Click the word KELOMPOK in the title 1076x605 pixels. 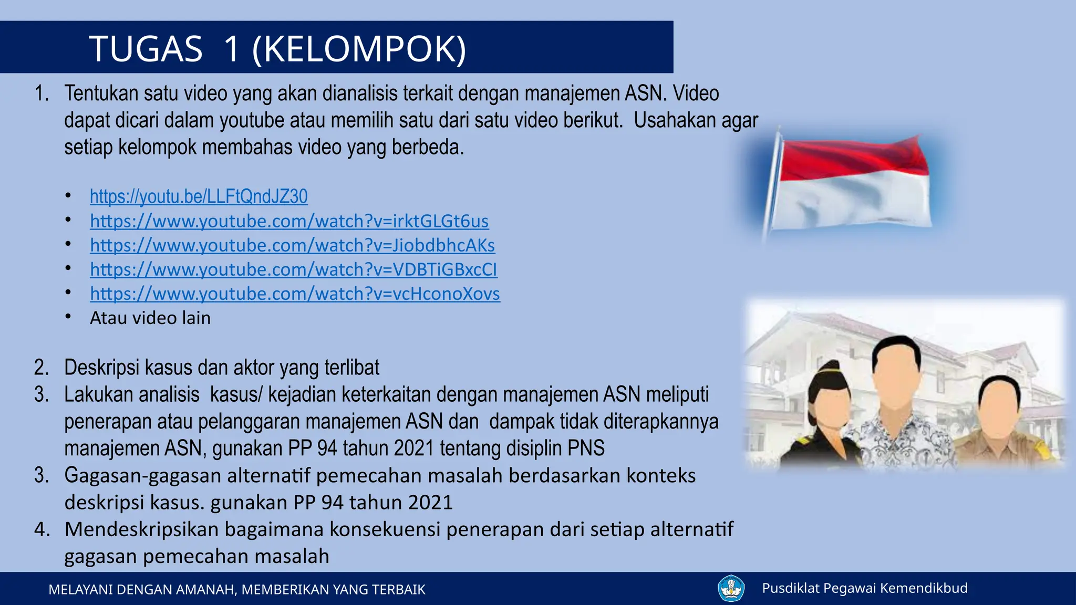point(359,49)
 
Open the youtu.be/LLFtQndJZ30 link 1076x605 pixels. point(199,196)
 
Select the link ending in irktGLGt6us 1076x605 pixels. point(289,221)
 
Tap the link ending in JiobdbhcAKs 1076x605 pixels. point(292,245)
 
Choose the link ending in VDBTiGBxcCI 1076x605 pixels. point(293,269)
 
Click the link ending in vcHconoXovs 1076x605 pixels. point(295,294)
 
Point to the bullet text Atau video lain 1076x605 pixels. point(150,318)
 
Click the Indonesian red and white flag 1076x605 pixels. point(854,184)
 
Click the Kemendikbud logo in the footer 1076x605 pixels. point(731,588)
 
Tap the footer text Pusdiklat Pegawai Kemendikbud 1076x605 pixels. point(864,588)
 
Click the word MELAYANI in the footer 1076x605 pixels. point(80,590)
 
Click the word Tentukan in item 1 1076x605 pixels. point(101,93)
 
